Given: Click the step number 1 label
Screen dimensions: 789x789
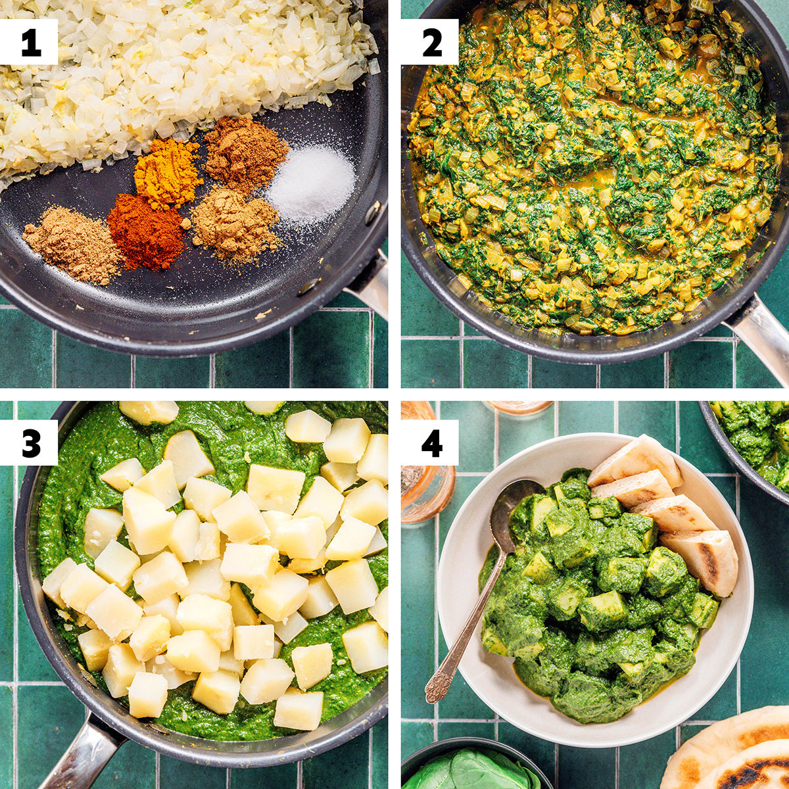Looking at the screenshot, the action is point(31,42).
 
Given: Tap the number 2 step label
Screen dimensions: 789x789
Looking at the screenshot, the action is point(432,42).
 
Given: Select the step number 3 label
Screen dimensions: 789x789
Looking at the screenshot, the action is point(31,442).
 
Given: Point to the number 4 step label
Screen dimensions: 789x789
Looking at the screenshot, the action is point(432,442).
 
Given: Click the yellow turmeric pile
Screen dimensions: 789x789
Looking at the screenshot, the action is point(168,174).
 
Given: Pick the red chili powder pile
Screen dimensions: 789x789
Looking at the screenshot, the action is point(145,232).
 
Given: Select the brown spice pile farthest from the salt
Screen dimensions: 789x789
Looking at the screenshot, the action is point(72,245).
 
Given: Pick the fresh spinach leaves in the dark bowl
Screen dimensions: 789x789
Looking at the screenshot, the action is point(471,770).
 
